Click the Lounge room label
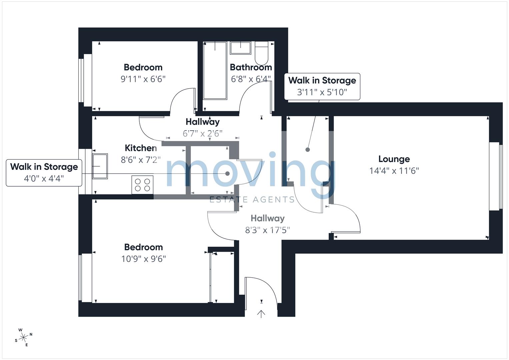click(x=394, y=159)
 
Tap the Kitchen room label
click(x=141, y=148)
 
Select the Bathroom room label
click(x=251, y=67)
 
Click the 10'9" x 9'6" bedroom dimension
click(x=144, y=259)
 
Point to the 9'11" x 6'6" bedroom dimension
click(x=143, y=79)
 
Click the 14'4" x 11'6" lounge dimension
click(x=394, y=171)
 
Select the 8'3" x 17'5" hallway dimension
click(x=268, y=230)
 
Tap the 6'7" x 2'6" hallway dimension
click(x=202, y=133)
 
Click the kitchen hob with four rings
click(x=143, y=185)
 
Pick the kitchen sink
click(x=100, y=166)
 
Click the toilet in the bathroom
click(x=262, y=53)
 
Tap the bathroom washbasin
click(x=241, y=48)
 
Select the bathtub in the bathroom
click(x=215, y=71)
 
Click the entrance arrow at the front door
click(x=261, y=314)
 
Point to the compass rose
click(x=23, y=337)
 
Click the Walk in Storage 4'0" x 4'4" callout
click(x=44, y=173)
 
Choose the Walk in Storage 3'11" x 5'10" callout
click(x=322, y=86)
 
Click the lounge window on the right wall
click(x=496, y=176)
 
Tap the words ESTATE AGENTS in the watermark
click(x=252, y=200)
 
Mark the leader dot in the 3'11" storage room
click(x=308, y=150)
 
